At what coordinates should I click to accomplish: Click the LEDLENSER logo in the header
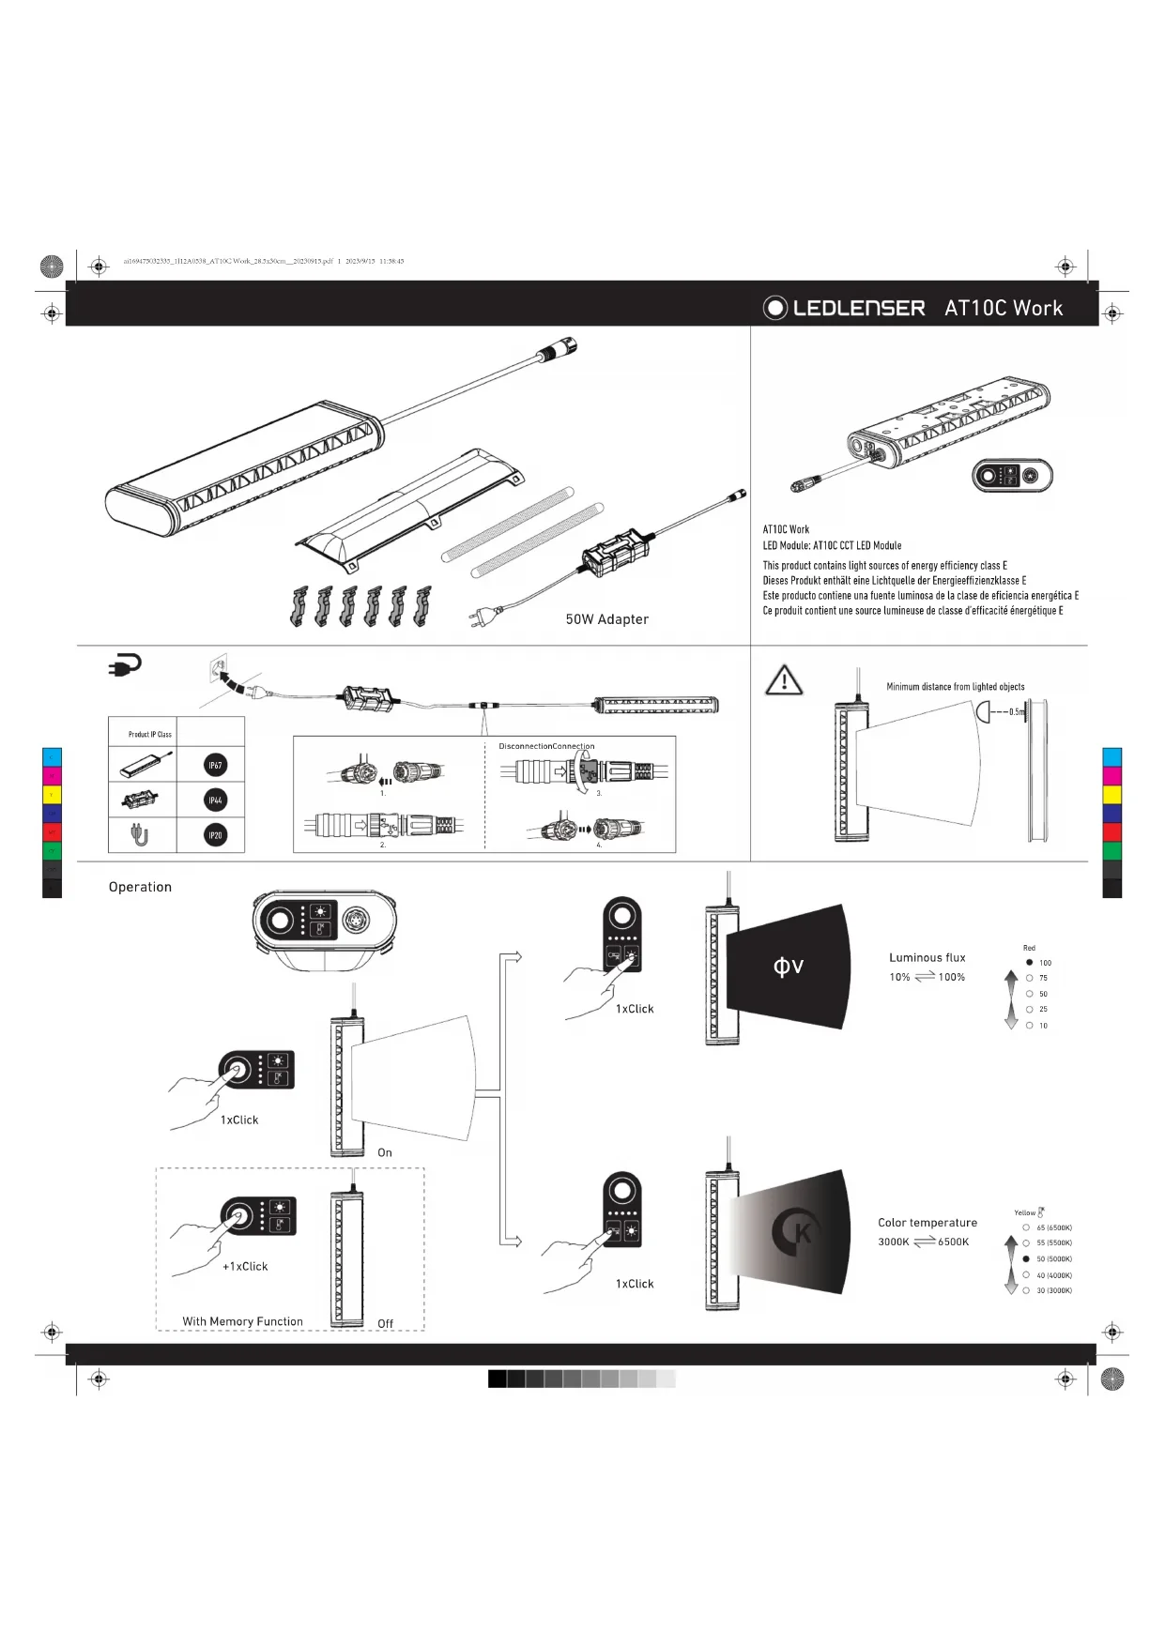tap(844, 308)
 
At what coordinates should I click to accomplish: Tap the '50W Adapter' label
tap(606, 619)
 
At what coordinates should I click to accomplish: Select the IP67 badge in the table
tap(215, 766)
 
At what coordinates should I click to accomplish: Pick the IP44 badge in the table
tap(215, 800)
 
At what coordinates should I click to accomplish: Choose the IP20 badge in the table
tap(215, 835)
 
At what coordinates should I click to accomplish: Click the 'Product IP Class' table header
tap(150, 734)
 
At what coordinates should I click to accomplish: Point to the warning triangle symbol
tap(784, 680)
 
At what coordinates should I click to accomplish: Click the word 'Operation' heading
tap(140, 887)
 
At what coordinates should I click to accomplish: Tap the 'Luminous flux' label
tap(927, 958)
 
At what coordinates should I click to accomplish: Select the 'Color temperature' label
tap(927, 1223)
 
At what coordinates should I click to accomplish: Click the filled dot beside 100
tap(1030, 963)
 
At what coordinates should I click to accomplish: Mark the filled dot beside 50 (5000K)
tap(1026, 1259)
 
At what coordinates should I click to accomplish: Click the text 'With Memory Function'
tap(242, 1321)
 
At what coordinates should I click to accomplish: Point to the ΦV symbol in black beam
tap(788, 967)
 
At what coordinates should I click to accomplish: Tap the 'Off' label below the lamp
tap(385, 1324)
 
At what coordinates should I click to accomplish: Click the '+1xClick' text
tap(245, 1267)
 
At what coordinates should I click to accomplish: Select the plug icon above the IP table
tap(125, 665)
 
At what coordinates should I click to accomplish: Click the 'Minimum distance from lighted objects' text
tap(955, 687)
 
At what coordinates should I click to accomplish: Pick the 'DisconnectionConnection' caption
tap(546, 746)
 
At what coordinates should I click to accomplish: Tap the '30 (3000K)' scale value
tap(1053, 1291)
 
